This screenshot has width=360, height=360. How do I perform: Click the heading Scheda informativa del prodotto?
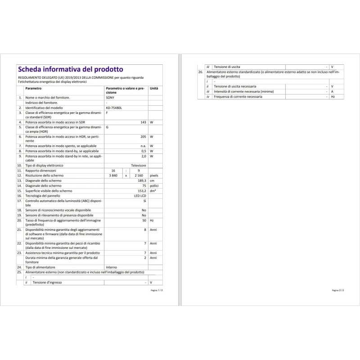(69, 69)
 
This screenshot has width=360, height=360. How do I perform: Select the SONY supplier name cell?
(110, 97)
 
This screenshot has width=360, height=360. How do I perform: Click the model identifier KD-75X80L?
(114, 108)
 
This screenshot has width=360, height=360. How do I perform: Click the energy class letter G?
(107, 127)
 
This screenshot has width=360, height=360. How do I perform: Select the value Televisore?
(139, 166)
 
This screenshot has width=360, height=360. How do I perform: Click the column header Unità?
(154, 89)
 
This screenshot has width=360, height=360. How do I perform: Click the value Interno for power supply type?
(111, 267)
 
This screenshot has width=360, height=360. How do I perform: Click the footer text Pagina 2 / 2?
(337, 291)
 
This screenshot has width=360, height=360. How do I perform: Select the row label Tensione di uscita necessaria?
(235, 86)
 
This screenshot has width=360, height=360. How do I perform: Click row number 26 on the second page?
(200, 72)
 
